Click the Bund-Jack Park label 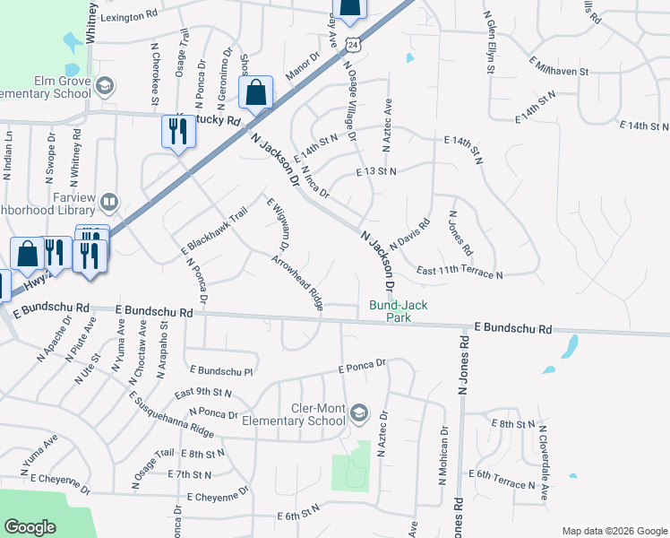[x=399, y=311]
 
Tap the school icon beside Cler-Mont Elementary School [x=359, y=412]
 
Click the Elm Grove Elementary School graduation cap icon [x=106, y=85]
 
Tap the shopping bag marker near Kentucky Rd [x=256, y=93]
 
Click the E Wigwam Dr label [x=277, y=222]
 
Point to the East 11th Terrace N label [x=460, y=273]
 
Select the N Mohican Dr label [x=442, y=457]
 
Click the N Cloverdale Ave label [x=542, y=460]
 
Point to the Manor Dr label [x=302, y=67]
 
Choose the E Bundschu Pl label [x=223, y=369]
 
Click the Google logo [x=30, y=527]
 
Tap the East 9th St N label [x=202, y=393]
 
